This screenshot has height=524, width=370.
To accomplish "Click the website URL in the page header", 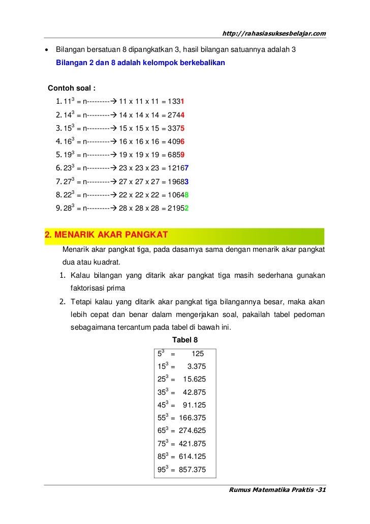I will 274,34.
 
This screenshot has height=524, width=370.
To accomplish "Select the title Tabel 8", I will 186,340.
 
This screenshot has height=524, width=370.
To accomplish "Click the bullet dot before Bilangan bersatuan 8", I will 47,51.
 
